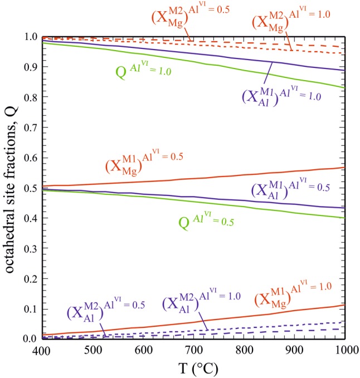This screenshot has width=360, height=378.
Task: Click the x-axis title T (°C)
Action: (x=187, y=367)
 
